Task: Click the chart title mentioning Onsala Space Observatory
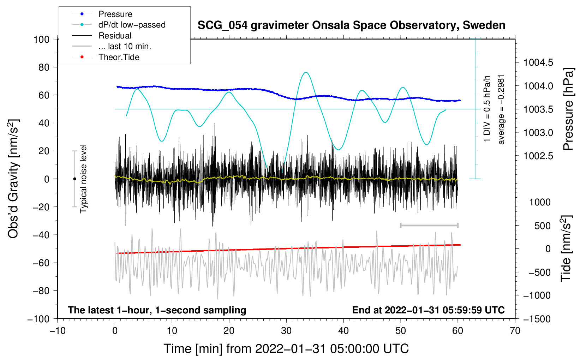click(351, 25)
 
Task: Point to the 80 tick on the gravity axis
click(44, 67)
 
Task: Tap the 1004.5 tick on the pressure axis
click(538, 62)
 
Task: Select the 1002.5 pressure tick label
click(538, 156)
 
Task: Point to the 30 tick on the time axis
click(286, 331)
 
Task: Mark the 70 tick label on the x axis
click(515, 331)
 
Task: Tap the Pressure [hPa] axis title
click(568, 109)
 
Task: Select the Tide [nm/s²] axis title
click(567, 248)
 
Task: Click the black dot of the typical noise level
click(74, 179)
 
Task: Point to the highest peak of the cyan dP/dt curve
click(306, 72)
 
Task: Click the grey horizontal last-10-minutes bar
click(429, 225)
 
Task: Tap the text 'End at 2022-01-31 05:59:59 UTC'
click(428, 310)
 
